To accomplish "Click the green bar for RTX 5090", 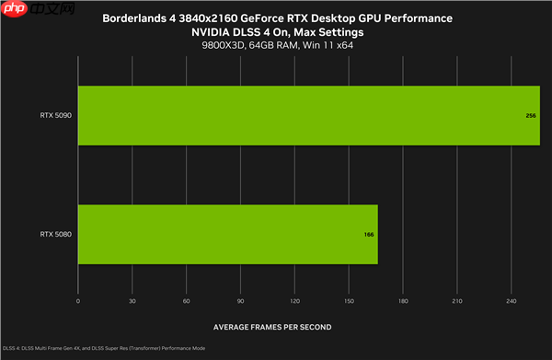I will pyautogui.click(x=308, y=116).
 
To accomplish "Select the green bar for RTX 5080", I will pyautogui.click(x=227, y=235).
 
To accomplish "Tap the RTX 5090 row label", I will pyautogui.click(x=56, y=116).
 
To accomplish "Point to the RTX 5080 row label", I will pyautogui.click(x=56, y=235).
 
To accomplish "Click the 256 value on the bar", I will pyautogui.click(x=531, y=117).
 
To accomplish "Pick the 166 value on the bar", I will pyautogui.click(x=369, y=235).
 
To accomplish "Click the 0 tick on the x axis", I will pyautogui.click(x=78, y=301).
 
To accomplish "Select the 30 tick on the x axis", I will pyautogui.click(x=132, y=301).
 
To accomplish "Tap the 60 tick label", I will pyautogui.click(x=187, y=301).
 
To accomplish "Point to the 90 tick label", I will pyautogui.click(x=241, y=301).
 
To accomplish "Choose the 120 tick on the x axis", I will pyautogui.click(x=294, y=301).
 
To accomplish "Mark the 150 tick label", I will pyautogui.click(x=349, y=301).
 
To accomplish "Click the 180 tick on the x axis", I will pyautogui.click(x=403, y=301).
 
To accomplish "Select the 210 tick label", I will pyautogui.click(x=457, y=301).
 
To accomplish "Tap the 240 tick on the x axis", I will pyautogui.click(x=511, y=301).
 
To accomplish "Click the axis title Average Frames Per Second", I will pyautogui.click(x=272, y=326).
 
